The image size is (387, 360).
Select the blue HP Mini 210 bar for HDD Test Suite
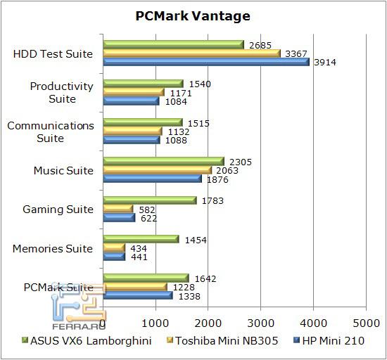(x=205, y=62)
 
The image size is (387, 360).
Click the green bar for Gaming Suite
(x=149, y=200)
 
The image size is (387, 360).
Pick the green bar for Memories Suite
(x=141, y=240)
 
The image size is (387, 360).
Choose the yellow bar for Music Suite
(x=157, y=170)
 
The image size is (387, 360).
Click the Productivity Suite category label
(x=62, y=93)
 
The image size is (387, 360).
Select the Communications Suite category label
(x=50, y=131)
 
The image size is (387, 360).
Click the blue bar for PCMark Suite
(x=137, y=295)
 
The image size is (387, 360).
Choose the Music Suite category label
(x=63, y=170)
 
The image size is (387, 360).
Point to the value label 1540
(x=200, y=84)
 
